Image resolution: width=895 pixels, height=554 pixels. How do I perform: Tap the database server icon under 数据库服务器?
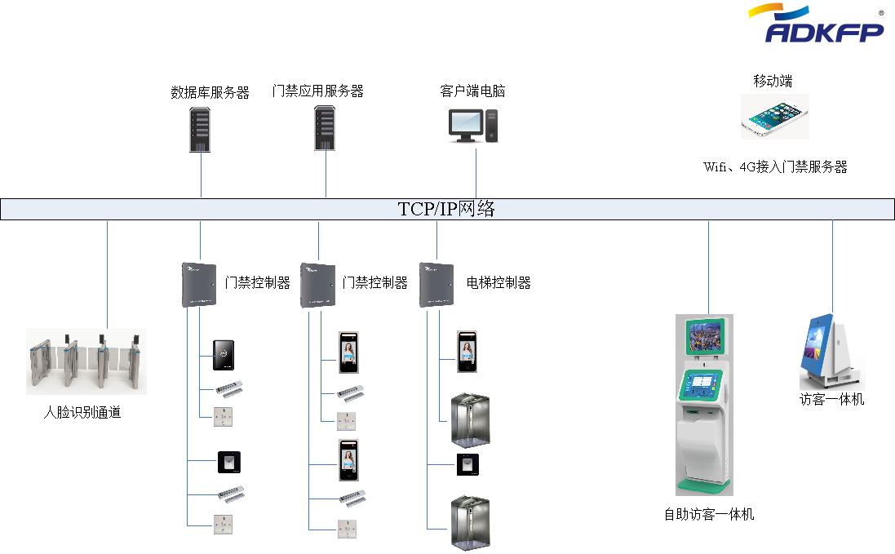(200, 128)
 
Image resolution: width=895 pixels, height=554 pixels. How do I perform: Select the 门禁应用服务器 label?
(317, 91)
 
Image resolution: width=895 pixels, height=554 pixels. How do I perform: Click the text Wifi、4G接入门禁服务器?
(775, 167)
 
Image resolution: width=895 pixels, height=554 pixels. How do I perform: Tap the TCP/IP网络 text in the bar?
(447, 209)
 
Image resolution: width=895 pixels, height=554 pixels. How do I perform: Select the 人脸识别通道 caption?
(82, 413)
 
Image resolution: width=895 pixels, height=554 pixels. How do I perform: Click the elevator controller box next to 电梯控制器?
(436, 284)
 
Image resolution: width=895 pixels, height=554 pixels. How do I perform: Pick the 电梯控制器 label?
(498, 283)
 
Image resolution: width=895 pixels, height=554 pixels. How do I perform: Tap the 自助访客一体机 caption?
(708, 515)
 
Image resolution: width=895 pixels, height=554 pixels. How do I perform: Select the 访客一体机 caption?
(831, 400)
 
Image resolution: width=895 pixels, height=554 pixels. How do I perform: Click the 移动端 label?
(773, 82)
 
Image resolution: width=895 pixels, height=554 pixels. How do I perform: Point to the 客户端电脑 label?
(472, 91)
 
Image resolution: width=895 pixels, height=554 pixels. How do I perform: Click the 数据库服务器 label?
(210, 93)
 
